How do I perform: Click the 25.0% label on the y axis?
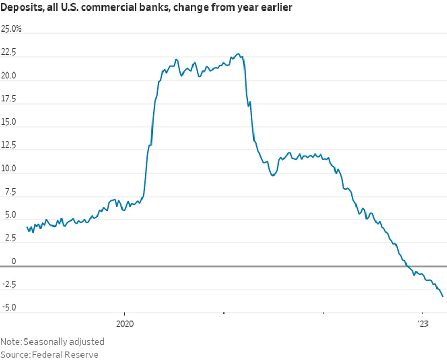point(11,29)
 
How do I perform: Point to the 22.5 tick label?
point(9,53)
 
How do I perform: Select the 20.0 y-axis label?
point(9,76)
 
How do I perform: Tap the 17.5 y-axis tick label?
point(9,99)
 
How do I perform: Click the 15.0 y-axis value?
point(9,122)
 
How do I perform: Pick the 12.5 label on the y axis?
point(9,146)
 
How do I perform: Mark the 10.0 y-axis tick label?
point(9,169)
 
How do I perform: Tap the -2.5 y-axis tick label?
point(9,284)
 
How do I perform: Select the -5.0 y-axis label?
point(9,307)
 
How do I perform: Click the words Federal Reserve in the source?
point(64,354)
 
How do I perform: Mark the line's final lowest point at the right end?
point(443,297)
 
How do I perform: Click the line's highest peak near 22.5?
point(238,54)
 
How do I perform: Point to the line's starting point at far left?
point(27,227)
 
